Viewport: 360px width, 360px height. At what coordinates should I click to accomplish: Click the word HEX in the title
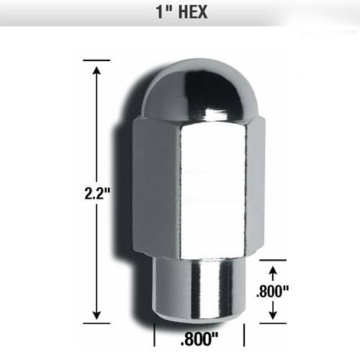coord(193,12)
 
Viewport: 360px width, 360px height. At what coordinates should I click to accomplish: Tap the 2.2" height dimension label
coord(97,193)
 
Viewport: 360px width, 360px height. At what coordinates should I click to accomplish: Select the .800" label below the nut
coord(199,338)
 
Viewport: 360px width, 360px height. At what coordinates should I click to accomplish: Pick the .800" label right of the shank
coord(273,291)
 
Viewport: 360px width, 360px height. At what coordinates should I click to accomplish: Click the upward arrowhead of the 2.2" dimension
coord(96,71)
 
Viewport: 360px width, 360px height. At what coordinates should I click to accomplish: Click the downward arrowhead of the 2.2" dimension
coord(96,315)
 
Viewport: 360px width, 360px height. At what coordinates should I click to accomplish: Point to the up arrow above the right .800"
coord(273,274)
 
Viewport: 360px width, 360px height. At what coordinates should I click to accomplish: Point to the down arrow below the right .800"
coord(273,310)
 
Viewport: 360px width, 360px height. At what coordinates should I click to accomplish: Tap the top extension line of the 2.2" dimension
coord(96,60)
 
